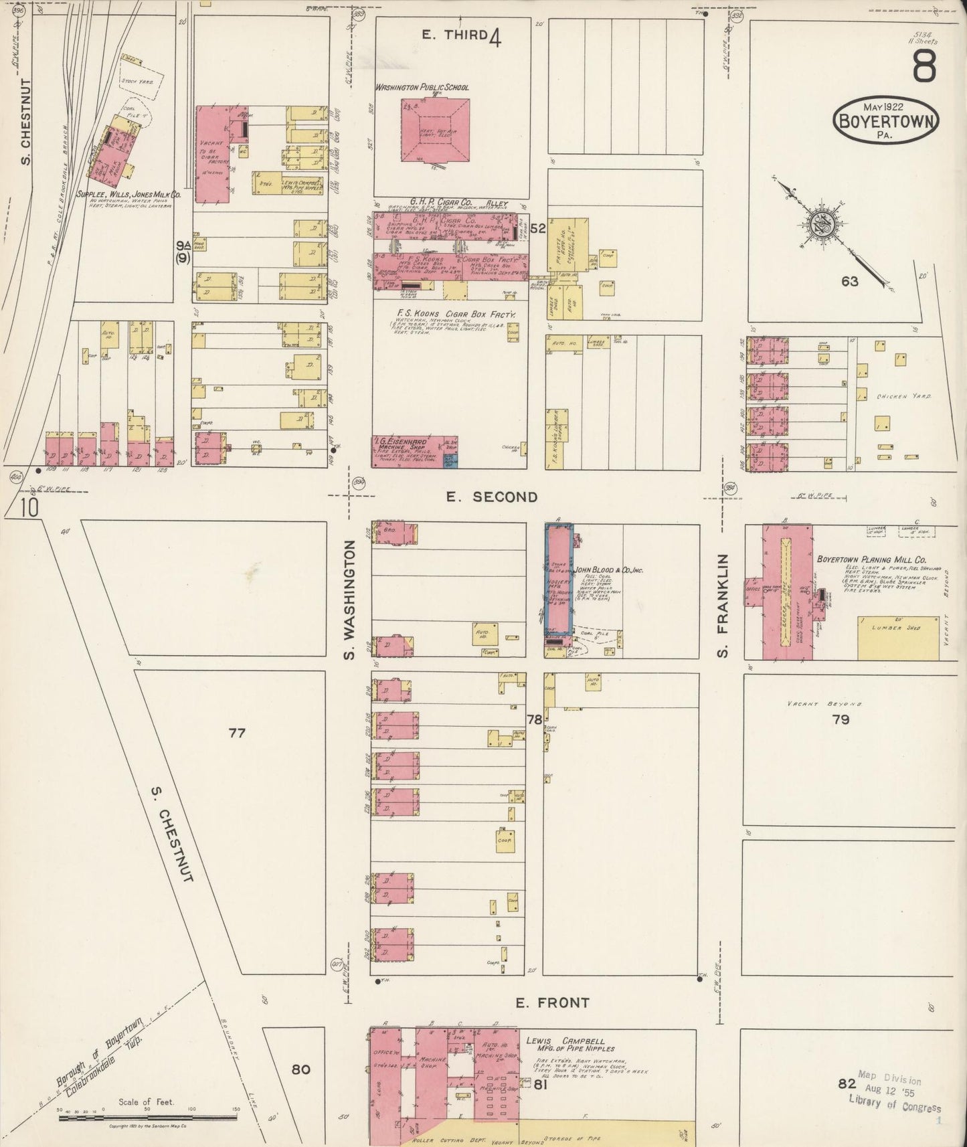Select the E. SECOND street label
[x=492, y=497]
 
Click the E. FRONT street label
[x=552, y=1002]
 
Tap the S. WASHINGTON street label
[x=349, y=600]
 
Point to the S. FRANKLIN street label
[x=723, y=605]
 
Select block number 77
[x=237, y=733]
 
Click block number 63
[x=850, y=282]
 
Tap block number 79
[x=841, y=719]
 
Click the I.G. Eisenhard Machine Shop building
[x=406, y=451]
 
